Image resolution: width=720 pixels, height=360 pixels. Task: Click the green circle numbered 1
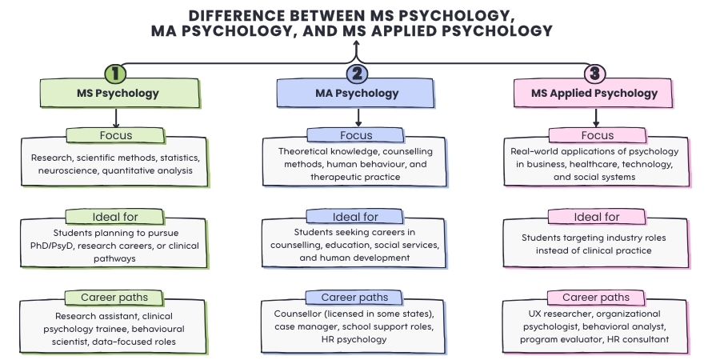click(116, 74)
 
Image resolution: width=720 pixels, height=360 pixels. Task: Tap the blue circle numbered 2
click(357, 74)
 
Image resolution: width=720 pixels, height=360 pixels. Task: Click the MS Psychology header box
click(118, 94)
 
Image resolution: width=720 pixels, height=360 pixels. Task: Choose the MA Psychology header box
click(356, 94)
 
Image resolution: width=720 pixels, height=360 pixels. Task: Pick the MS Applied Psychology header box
click(596, 94)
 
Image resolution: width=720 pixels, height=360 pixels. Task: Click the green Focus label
click(116, 135)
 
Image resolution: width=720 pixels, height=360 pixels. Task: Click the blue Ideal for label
click(355, 217)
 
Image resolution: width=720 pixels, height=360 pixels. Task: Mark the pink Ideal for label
click(595, 217)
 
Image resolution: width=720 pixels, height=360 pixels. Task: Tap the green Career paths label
click(115, 298)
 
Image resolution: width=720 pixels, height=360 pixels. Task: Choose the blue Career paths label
click(355, 298)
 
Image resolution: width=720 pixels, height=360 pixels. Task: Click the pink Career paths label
click(595, 298)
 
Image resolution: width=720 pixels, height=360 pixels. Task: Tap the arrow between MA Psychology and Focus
click(356, 118)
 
